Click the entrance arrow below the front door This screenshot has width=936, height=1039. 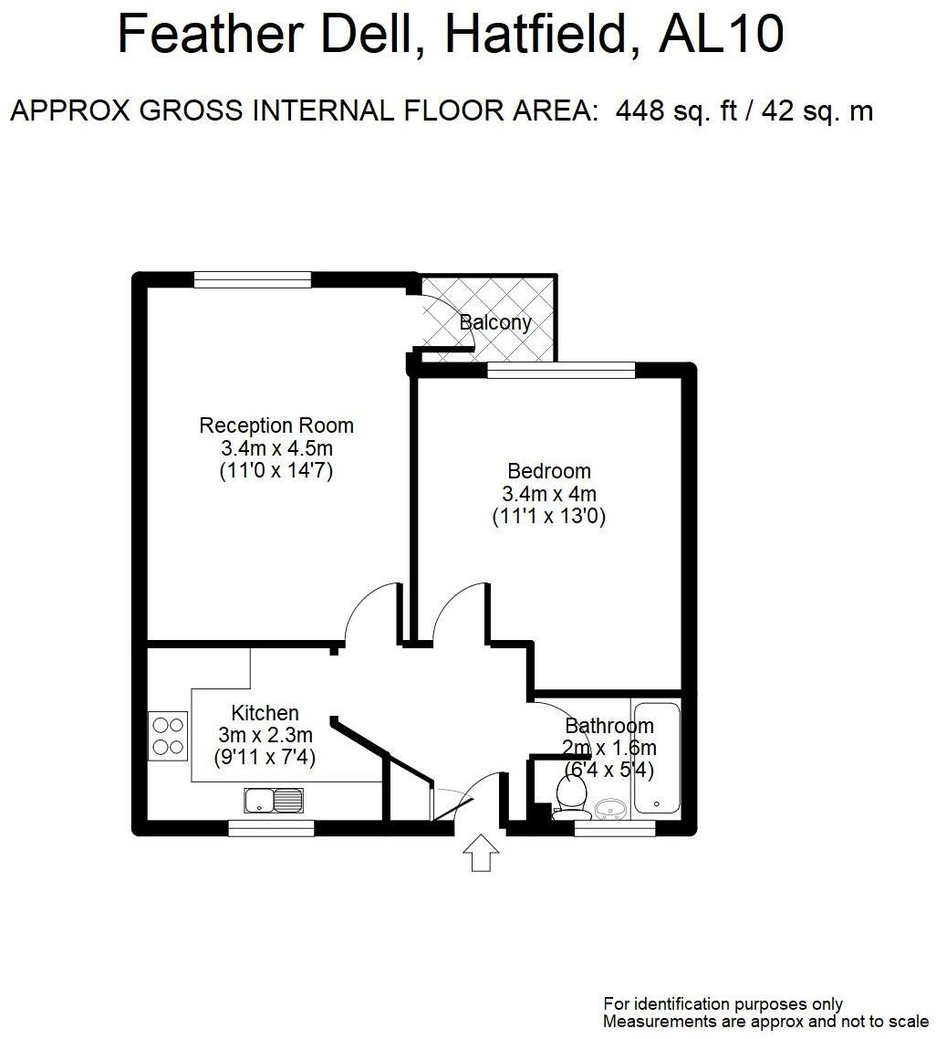[x=480, y=854]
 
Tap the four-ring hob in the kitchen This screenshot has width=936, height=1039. [x=168, y=736]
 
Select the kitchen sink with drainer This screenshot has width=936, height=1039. [x=274, y=801]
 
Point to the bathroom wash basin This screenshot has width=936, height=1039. [x=611, y=810]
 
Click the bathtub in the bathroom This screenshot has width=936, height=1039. [x=657, y=757]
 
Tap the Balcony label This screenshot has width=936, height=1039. [x=495, y=322]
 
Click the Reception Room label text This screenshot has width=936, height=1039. [x=276, y=425]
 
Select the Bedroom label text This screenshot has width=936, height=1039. [x=549, y=471]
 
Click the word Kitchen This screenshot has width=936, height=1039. [x=265, y=713]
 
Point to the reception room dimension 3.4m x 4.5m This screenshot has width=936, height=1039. [x=276, y=448]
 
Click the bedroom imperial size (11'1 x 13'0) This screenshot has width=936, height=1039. [x=549, y=516]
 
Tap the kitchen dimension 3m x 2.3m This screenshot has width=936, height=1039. [x=265, y=735]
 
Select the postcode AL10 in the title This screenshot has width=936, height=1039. [x=721, y=35]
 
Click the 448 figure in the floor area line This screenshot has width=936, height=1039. [x=640, y=110]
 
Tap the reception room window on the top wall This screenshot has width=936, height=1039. [x=252, y=279]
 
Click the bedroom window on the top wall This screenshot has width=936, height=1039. [x=561, y=371]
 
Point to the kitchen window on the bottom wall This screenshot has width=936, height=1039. [x=271, y=827]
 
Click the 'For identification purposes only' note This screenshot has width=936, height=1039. [x=723, y=1004]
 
